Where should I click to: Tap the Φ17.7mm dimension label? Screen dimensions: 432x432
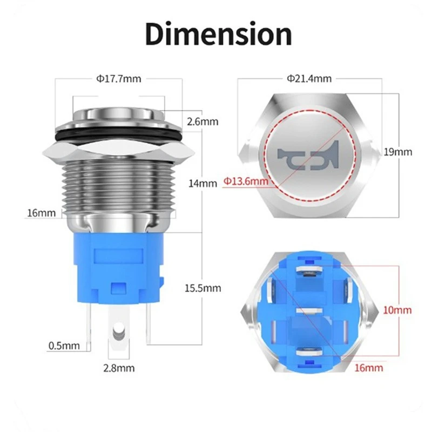119,79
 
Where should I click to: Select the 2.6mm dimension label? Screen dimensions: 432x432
202,122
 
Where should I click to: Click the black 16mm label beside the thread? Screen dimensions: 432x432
42,213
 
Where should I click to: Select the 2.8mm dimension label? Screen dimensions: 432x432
119,369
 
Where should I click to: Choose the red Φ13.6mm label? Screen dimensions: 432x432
246,182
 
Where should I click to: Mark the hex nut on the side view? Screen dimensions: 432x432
119,152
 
